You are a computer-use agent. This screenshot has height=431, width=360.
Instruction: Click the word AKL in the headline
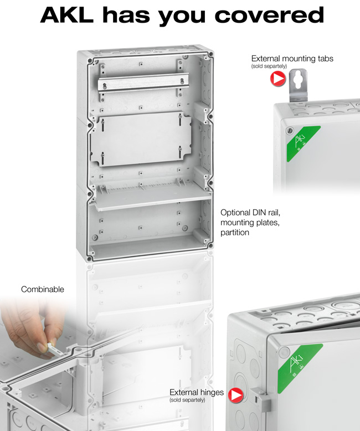67,15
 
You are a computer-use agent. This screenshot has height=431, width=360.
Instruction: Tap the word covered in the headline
269,15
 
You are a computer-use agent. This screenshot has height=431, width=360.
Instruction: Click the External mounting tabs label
292,59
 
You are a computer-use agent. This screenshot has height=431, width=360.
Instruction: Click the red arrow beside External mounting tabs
278,79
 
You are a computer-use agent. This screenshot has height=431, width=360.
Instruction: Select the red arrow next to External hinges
235,395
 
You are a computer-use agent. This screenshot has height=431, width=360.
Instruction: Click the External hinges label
197,392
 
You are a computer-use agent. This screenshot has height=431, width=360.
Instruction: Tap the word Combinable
43,289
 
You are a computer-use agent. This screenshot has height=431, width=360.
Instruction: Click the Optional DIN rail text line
250,213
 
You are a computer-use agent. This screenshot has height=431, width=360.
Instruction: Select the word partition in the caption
235,233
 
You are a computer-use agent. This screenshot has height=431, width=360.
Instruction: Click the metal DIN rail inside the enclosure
143,83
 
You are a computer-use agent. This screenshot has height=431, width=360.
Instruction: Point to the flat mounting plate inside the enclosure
141,139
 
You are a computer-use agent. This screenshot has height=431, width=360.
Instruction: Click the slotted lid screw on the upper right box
289,131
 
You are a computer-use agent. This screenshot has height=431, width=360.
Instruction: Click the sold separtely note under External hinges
187,400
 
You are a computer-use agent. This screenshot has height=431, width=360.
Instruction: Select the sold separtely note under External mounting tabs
269,66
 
